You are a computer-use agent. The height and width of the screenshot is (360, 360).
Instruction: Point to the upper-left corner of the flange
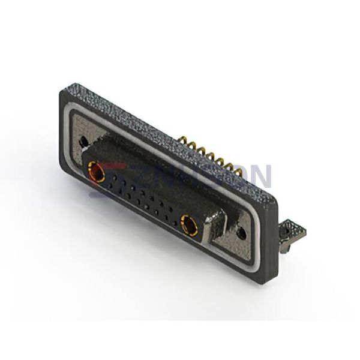coord(64,92)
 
